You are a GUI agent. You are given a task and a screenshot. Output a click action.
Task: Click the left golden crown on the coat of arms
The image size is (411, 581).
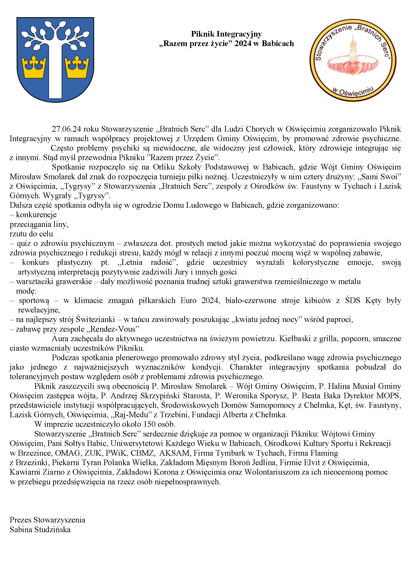pos(34,67)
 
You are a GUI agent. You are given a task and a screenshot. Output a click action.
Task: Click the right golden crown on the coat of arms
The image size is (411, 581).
pos(77,67)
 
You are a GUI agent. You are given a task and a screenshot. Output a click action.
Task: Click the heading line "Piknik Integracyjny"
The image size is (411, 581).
pos(226,34)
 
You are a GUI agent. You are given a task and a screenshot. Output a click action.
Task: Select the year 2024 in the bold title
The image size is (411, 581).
pos(243,44)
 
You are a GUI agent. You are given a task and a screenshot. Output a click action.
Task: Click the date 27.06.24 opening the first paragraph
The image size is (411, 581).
pos(66,129)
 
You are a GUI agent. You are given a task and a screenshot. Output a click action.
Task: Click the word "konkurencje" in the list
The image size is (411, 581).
pos(36,215)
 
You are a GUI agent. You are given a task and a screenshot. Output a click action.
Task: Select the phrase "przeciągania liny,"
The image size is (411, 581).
pos(39,224)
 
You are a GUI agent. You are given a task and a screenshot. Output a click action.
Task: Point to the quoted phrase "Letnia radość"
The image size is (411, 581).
pos(148,262)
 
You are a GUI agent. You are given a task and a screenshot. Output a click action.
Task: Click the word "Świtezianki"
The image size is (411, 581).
pos(95,320)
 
